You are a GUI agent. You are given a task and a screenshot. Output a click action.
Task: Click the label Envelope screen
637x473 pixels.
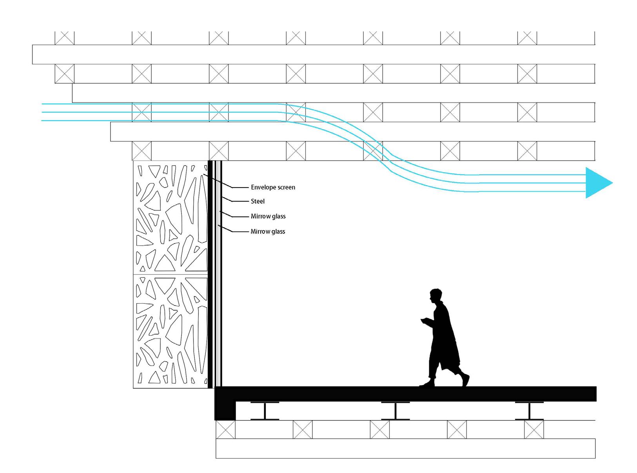[273, 187]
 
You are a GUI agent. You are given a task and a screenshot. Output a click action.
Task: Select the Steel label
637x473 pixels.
[258, 202]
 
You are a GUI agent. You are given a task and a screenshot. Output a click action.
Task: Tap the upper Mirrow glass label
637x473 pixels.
[268, 216]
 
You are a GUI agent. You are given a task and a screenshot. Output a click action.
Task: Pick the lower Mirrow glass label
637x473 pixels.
[268, 232]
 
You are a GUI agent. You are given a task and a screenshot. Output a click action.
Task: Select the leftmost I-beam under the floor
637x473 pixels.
[265, 411]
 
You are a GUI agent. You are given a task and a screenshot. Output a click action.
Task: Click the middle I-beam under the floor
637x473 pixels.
[396, 411]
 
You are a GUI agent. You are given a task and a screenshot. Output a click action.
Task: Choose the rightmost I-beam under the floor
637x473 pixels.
[529, 411]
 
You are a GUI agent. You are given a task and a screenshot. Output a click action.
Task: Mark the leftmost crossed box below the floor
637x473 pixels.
[226, 429]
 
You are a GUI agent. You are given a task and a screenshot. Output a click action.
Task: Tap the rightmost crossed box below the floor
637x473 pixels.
[534, 429]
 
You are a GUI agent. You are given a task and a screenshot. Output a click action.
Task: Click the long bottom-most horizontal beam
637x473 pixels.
[405, 448]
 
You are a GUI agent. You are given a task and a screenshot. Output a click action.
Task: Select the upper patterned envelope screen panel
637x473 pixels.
[171, 217]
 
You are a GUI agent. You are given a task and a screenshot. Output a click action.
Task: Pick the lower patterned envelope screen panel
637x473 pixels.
[171, 331]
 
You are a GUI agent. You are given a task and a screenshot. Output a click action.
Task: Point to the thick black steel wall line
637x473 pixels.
[210, 275]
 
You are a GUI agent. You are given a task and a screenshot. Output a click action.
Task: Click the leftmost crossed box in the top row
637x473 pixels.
[64, 38]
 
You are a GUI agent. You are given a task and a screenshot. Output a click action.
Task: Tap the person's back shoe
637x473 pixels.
[465, 380]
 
